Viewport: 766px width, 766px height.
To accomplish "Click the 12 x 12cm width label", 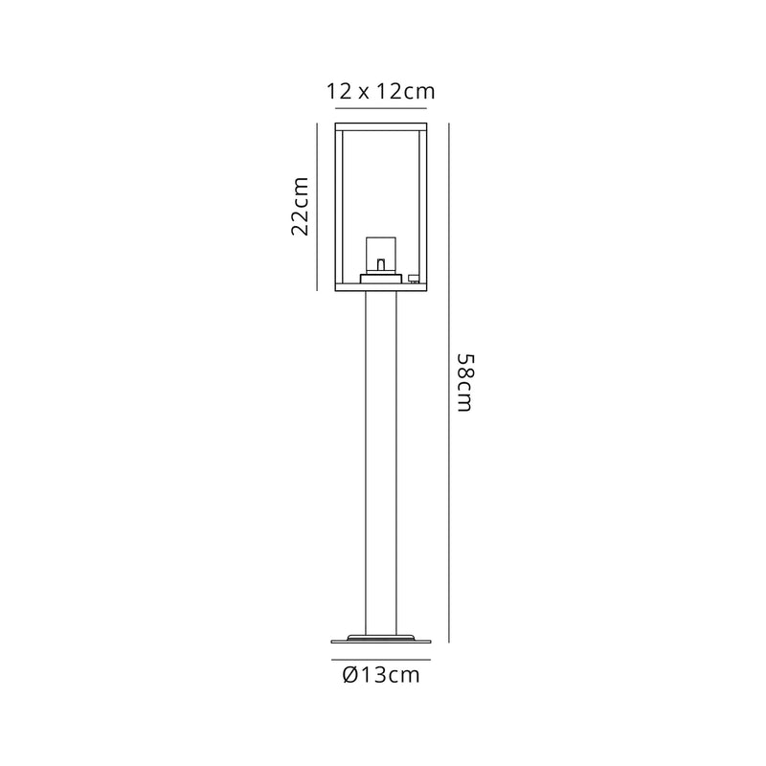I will (x=381, y=92).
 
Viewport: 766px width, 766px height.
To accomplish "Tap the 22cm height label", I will (x=300, y=207).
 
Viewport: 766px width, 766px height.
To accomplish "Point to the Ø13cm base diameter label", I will (x=381, y=676).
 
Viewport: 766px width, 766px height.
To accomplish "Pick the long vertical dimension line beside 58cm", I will (x=445, y=381).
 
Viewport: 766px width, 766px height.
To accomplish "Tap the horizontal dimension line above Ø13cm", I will (x=381, y=660).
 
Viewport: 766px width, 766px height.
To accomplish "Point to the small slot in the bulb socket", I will (x=381, y=262).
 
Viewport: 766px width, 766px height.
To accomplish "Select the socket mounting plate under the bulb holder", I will (x=381, y=279).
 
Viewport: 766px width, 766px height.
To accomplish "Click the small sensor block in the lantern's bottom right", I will (x=415, y=279).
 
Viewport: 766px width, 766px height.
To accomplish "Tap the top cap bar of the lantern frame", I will (x=381, y=125).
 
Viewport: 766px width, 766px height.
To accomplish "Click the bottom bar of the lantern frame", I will (x=381, y=287).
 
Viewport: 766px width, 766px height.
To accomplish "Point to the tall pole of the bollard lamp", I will (x=381, y=460).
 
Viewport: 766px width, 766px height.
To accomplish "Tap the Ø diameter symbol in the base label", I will (x=349, y=676).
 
